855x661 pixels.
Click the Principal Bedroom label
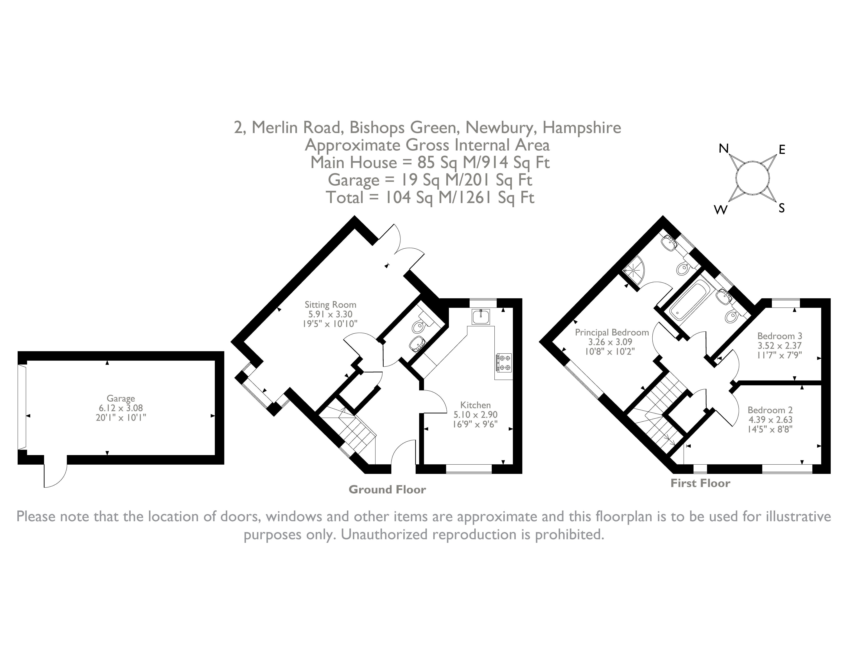click(x=612, y=332)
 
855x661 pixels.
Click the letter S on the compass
click(x=781, y=208)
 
